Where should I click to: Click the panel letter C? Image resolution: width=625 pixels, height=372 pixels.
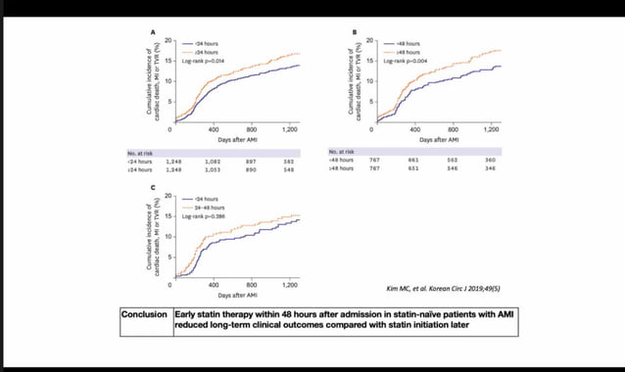152,188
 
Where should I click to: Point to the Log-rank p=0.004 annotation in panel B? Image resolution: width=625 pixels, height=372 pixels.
407,60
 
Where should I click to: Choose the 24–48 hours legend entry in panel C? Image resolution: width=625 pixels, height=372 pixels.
208,207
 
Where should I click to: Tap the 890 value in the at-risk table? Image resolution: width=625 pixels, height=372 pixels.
250,169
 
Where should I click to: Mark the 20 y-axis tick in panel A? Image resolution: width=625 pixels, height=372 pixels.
168,41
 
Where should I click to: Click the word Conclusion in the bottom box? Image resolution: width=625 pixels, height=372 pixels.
143,315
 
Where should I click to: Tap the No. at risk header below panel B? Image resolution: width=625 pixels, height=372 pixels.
341,152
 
